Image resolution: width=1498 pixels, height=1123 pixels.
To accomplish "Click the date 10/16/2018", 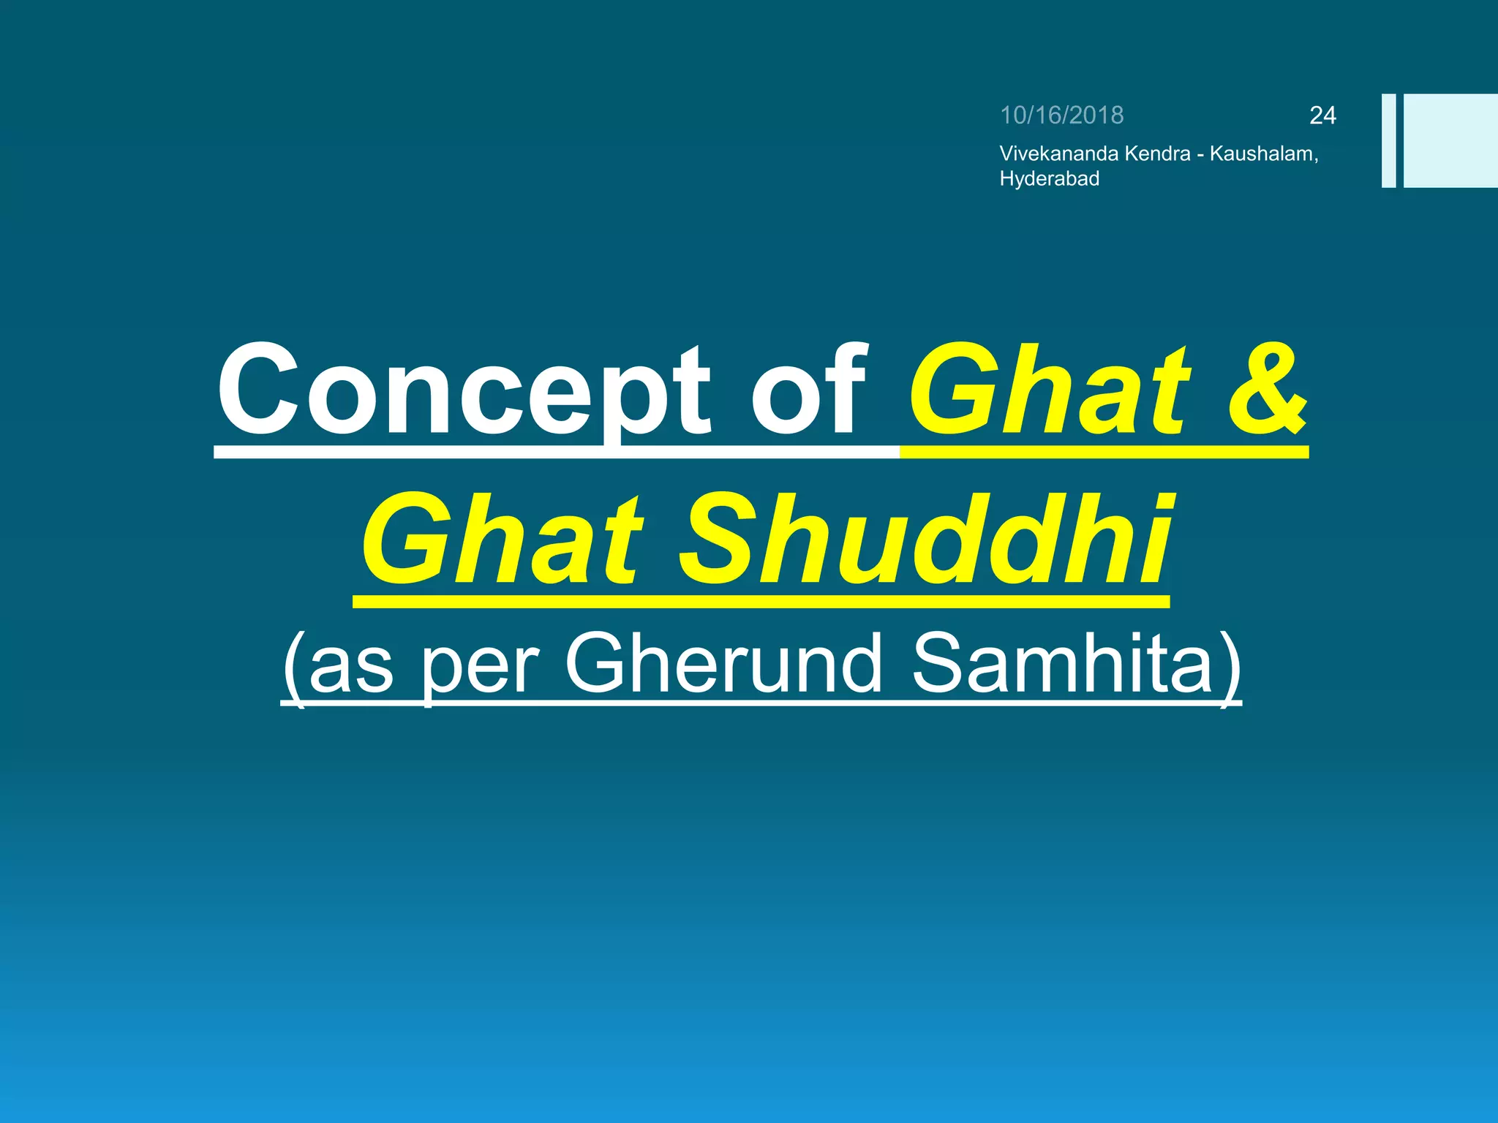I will tap(1061, 116).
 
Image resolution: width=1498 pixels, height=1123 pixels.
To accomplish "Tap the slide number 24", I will tap(1322, 116).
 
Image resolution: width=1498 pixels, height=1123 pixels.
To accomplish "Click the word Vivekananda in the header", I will tap(1058, 154).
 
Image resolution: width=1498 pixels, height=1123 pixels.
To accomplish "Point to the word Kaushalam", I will tap(1262, 154).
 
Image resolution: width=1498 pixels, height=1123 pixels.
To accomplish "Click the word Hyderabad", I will tap(1049, 179).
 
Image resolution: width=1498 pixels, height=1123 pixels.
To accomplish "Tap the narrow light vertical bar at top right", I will tap(1388, 140).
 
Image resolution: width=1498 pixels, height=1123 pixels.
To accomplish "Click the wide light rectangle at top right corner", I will tap(1450, 140).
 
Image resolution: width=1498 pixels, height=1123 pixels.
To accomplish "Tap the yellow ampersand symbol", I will tap(1267, 391).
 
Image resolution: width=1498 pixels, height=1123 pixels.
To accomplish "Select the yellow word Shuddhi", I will tap(925, 541).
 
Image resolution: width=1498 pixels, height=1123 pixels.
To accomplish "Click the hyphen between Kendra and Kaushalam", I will tap(1200, 155).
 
